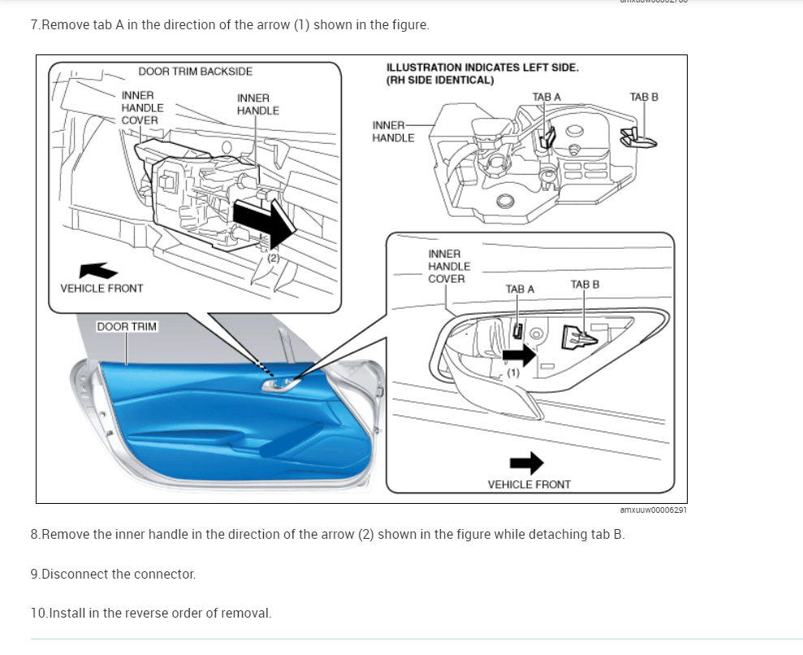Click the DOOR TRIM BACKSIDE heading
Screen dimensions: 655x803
[195, 72]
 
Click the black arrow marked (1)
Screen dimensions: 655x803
[519, 354]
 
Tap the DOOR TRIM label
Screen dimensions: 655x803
[127, 327]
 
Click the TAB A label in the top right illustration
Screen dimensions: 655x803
[546, 97]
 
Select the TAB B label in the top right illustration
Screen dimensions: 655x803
[644, 97]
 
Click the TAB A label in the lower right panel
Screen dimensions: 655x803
[520, 288]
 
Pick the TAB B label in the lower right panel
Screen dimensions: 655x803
[585, 284]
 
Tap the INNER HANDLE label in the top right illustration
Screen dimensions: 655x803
[392, 131]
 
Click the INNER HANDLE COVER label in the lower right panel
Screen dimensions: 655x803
[448, 267]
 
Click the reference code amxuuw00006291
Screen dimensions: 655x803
[653, 510]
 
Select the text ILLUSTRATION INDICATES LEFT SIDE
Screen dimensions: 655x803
[482, 67]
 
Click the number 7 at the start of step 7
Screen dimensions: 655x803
[34, 24]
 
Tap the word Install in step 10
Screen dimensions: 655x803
[67, 613]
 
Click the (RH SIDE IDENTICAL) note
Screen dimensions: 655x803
[440, 80]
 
